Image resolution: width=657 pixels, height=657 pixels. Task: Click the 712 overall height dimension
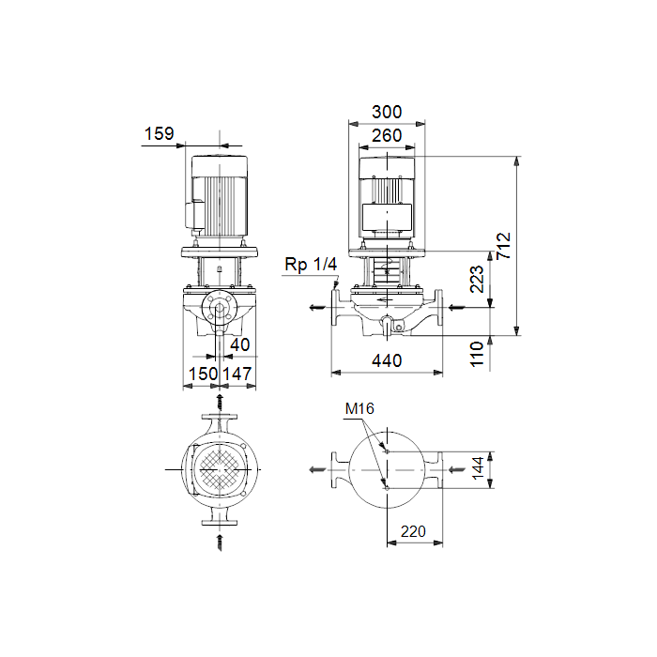point(503,246)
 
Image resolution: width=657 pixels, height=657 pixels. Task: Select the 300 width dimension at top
point(387,112)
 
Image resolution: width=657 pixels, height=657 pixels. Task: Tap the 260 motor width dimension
point(387,136)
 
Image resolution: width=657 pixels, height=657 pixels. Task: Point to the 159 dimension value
point(159,133)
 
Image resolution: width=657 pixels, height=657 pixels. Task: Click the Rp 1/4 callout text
point(311,265)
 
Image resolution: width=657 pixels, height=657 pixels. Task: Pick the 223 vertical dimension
point(477,279)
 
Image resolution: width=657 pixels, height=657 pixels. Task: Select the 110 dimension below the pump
point(477,354)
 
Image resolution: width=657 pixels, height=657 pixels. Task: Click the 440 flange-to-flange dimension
point(387,360)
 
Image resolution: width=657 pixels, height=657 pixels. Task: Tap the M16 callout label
point(359,408)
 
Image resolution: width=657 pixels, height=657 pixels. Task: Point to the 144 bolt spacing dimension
point(478,468)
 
